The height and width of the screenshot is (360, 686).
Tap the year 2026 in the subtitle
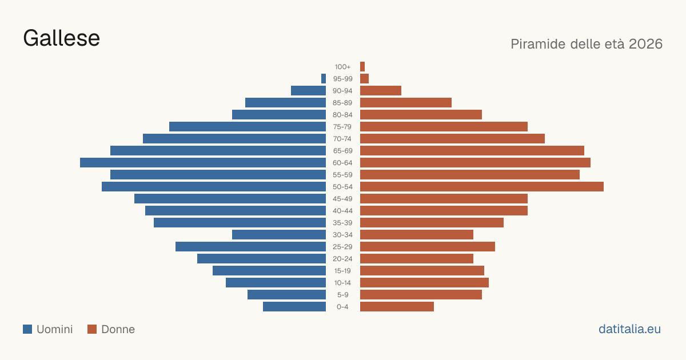tap(645, 44)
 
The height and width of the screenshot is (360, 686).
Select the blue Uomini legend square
tap(27, 329)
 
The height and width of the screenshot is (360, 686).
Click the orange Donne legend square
tap(92, 329)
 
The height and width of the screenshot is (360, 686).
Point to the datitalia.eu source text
tap(629, 329)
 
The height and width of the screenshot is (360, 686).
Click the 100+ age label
tap(342, 67)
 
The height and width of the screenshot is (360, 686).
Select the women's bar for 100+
tap(362, 66)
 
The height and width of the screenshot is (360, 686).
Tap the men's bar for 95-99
tap(324, 78)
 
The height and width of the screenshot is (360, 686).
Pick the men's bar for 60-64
tap(203, 162)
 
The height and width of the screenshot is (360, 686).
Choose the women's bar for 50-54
tap(482, 186)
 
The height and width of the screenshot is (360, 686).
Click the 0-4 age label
tap(342, 307)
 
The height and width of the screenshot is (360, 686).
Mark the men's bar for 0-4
tap(294, 306)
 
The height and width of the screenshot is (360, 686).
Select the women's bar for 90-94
tap(381, 91)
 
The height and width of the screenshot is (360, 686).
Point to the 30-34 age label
tap(342, 235)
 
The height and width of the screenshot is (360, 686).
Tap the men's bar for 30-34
tap(279, 234)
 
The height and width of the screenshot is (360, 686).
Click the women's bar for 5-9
tap(421, 294)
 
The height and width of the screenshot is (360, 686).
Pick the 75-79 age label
tap(342, 127)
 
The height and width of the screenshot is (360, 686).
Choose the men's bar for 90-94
tap(308, 91)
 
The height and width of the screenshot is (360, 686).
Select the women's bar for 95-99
tap(365, 78)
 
